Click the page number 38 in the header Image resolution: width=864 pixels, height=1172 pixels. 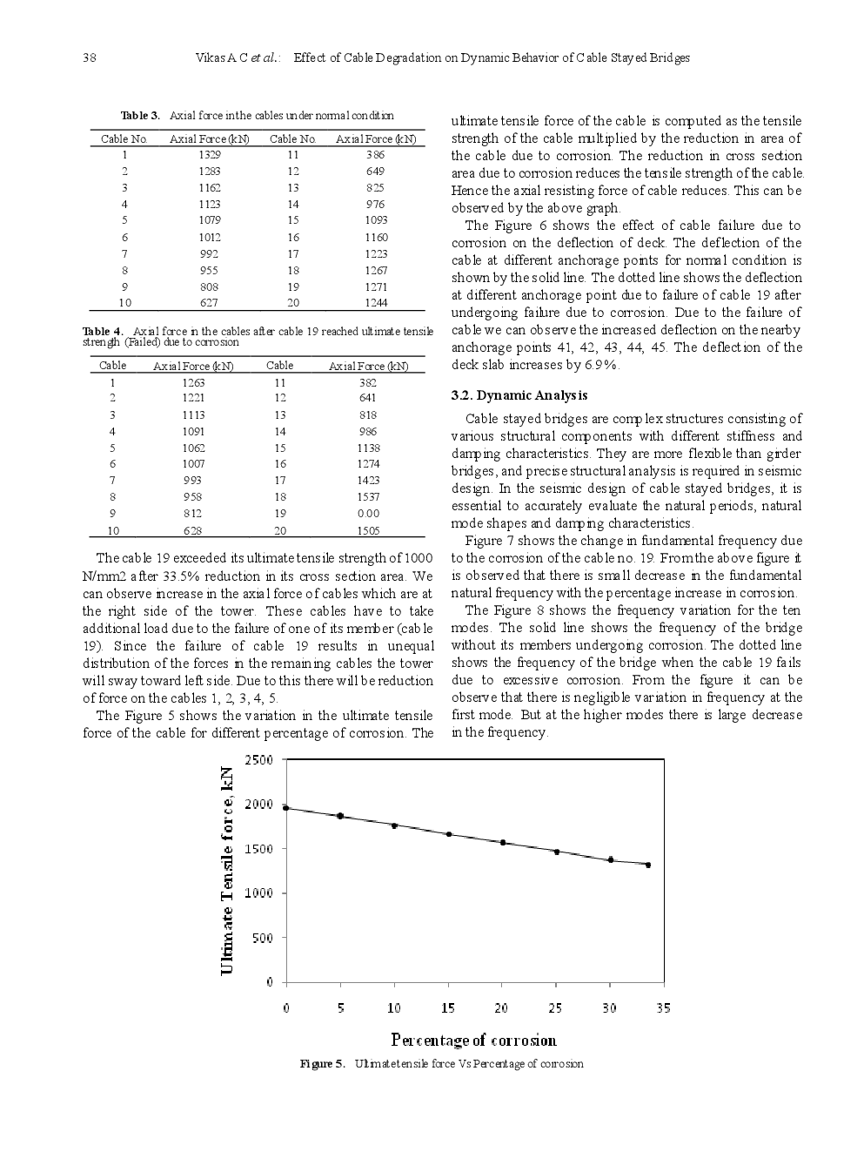pos(90,58)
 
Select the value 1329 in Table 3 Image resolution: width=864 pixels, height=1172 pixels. pos(209,155)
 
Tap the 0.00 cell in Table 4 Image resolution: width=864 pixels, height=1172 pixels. pos(368,514)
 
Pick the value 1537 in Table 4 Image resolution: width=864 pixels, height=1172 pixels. pos(368,497)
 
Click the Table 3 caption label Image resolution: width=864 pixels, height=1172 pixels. pos(140,116)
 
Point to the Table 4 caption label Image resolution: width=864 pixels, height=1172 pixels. pos(103,332)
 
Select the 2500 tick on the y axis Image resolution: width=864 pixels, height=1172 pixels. pos(258,760)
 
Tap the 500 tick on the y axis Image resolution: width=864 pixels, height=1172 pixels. pos(262,939)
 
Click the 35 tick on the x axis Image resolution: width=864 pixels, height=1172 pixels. pos(663,1008)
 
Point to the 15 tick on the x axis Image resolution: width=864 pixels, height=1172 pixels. pos(448,1008)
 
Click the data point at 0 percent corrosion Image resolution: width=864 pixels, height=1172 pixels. pos(286,808)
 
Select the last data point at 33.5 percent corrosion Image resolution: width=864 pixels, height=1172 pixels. pos(647,865)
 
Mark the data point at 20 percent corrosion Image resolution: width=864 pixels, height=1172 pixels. pos(502,843)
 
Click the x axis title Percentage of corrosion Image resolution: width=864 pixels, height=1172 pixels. pos(473,1040)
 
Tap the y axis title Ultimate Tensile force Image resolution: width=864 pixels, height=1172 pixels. pos(227,871)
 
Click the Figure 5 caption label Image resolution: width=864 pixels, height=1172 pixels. pos(322,1064)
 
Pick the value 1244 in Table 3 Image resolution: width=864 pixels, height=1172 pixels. pos(375,303)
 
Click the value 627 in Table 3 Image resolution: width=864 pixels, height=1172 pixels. pos(209,303)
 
